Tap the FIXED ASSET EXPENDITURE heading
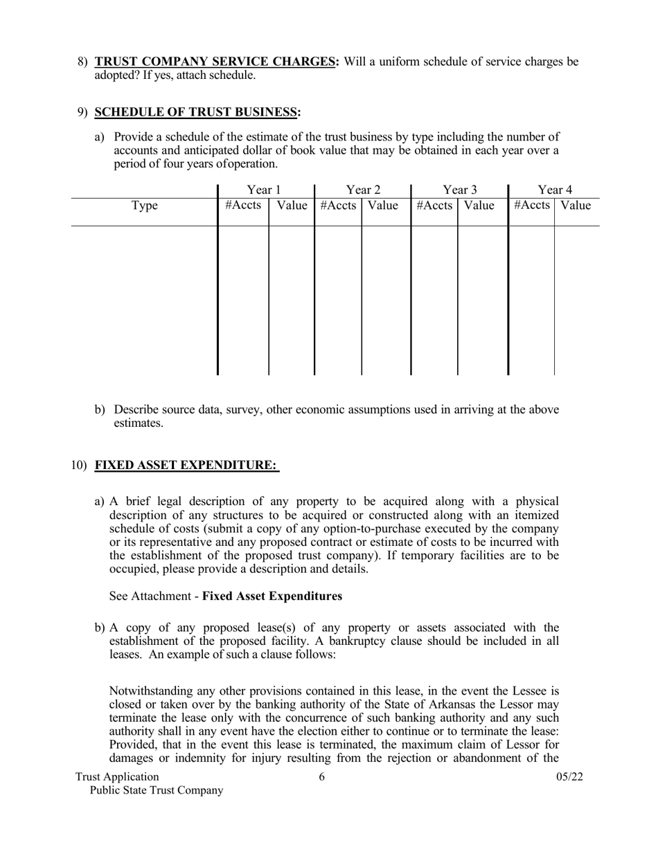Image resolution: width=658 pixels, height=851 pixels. coord(186,466)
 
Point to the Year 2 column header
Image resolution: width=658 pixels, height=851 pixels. coord(363,190)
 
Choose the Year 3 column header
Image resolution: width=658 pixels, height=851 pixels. coord(460,190)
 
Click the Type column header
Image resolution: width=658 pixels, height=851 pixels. coord(144,205)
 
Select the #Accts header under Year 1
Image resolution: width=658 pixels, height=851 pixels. coord(243,205)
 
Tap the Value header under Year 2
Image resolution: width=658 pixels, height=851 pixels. coord(383,205)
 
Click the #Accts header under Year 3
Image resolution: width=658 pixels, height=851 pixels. coord(434,205)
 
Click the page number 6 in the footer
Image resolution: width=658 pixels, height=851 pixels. coord(322,776)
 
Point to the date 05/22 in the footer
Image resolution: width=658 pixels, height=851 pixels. coord(569,776)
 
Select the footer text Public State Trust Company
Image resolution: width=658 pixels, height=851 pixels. coord(157,790)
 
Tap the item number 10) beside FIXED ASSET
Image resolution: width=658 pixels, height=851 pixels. coord(79,466)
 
